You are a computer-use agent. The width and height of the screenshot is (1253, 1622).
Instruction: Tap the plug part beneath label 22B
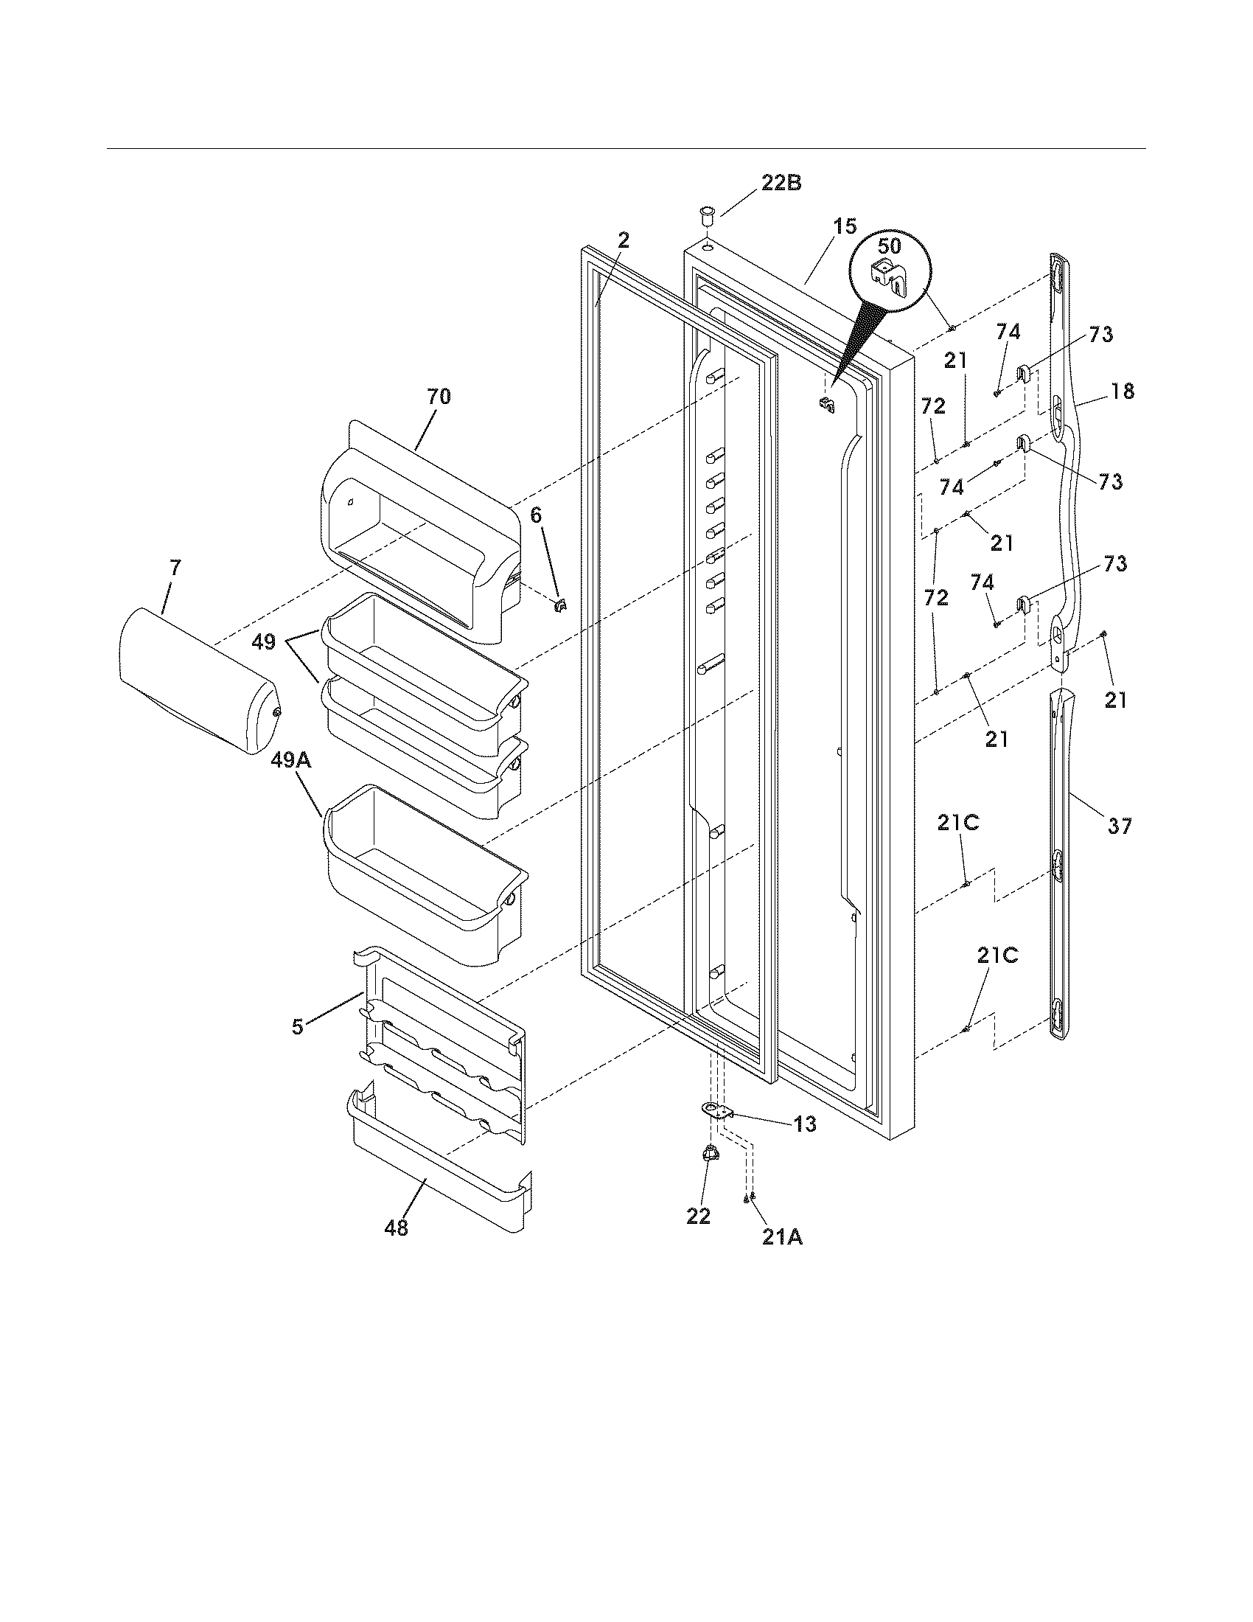pos(706,219)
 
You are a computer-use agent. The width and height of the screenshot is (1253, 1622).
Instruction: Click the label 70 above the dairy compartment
pos(438,396)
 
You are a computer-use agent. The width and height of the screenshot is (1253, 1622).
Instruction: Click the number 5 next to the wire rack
pos(297,1027)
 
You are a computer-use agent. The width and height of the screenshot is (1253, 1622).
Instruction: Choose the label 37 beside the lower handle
pos(1120,825)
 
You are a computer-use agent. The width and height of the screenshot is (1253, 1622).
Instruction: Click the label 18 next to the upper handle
pos(1123,391)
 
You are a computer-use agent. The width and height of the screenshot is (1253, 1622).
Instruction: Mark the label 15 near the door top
pos(844,226)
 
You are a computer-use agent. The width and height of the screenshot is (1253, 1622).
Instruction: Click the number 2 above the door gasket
pos(624,240)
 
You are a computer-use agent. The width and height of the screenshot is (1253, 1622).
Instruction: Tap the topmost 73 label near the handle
pos(1101,335)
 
